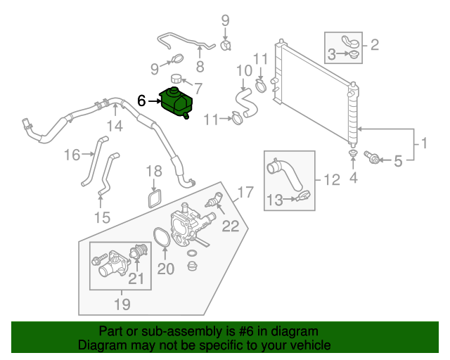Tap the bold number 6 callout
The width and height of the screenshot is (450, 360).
141,101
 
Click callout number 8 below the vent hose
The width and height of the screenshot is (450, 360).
200,67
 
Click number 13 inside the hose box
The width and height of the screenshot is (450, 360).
277,201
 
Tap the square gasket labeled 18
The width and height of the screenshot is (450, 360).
155,197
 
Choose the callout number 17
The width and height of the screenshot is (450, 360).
244,191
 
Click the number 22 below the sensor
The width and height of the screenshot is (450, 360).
231,226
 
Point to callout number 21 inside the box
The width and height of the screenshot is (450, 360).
136,280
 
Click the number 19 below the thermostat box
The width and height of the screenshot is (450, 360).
122,304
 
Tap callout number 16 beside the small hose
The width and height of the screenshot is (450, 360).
73,155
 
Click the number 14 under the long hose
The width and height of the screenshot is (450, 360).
115,127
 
